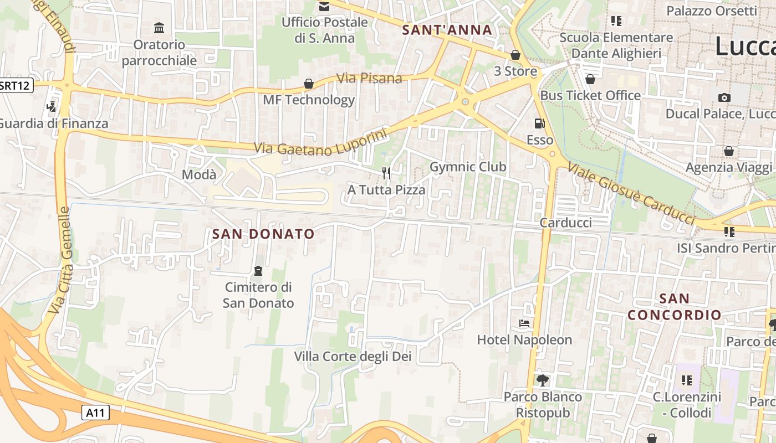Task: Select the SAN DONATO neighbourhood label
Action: pyautogui.click(x=263, y=234)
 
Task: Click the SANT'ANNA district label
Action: pyautogui.click(x=447, y=30)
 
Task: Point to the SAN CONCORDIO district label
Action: pyautogui.click(x=675, y=307)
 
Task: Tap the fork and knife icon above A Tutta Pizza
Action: pyautogui.click(x=386, y=173)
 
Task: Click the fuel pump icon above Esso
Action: pyautogui.click(x=539, y=123)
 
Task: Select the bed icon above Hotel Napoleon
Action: pyautogui.click(x=524, y=323)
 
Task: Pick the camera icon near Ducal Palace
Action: pyautogui.click(x=724, y=98)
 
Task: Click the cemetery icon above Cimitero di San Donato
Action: pyautogui.click(x=258, y=271)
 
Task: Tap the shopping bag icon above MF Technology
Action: pyautogui.click(x=308, y=84)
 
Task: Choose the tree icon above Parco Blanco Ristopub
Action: pyautogui.click(x=542, y=380)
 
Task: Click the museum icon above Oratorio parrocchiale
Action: pyautogui.click(x=159, y=28)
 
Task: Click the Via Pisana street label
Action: pyautogui.click(x=370, y=78)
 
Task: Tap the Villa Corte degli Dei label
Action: pyautogui.click(x=353, y=357)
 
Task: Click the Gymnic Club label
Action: pyautogui.click(x=468, y=167)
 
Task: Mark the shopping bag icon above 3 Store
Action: pyautogui.click(x=515, y=55)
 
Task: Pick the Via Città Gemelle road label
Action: pyautogui.click(x=59, y=260)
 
